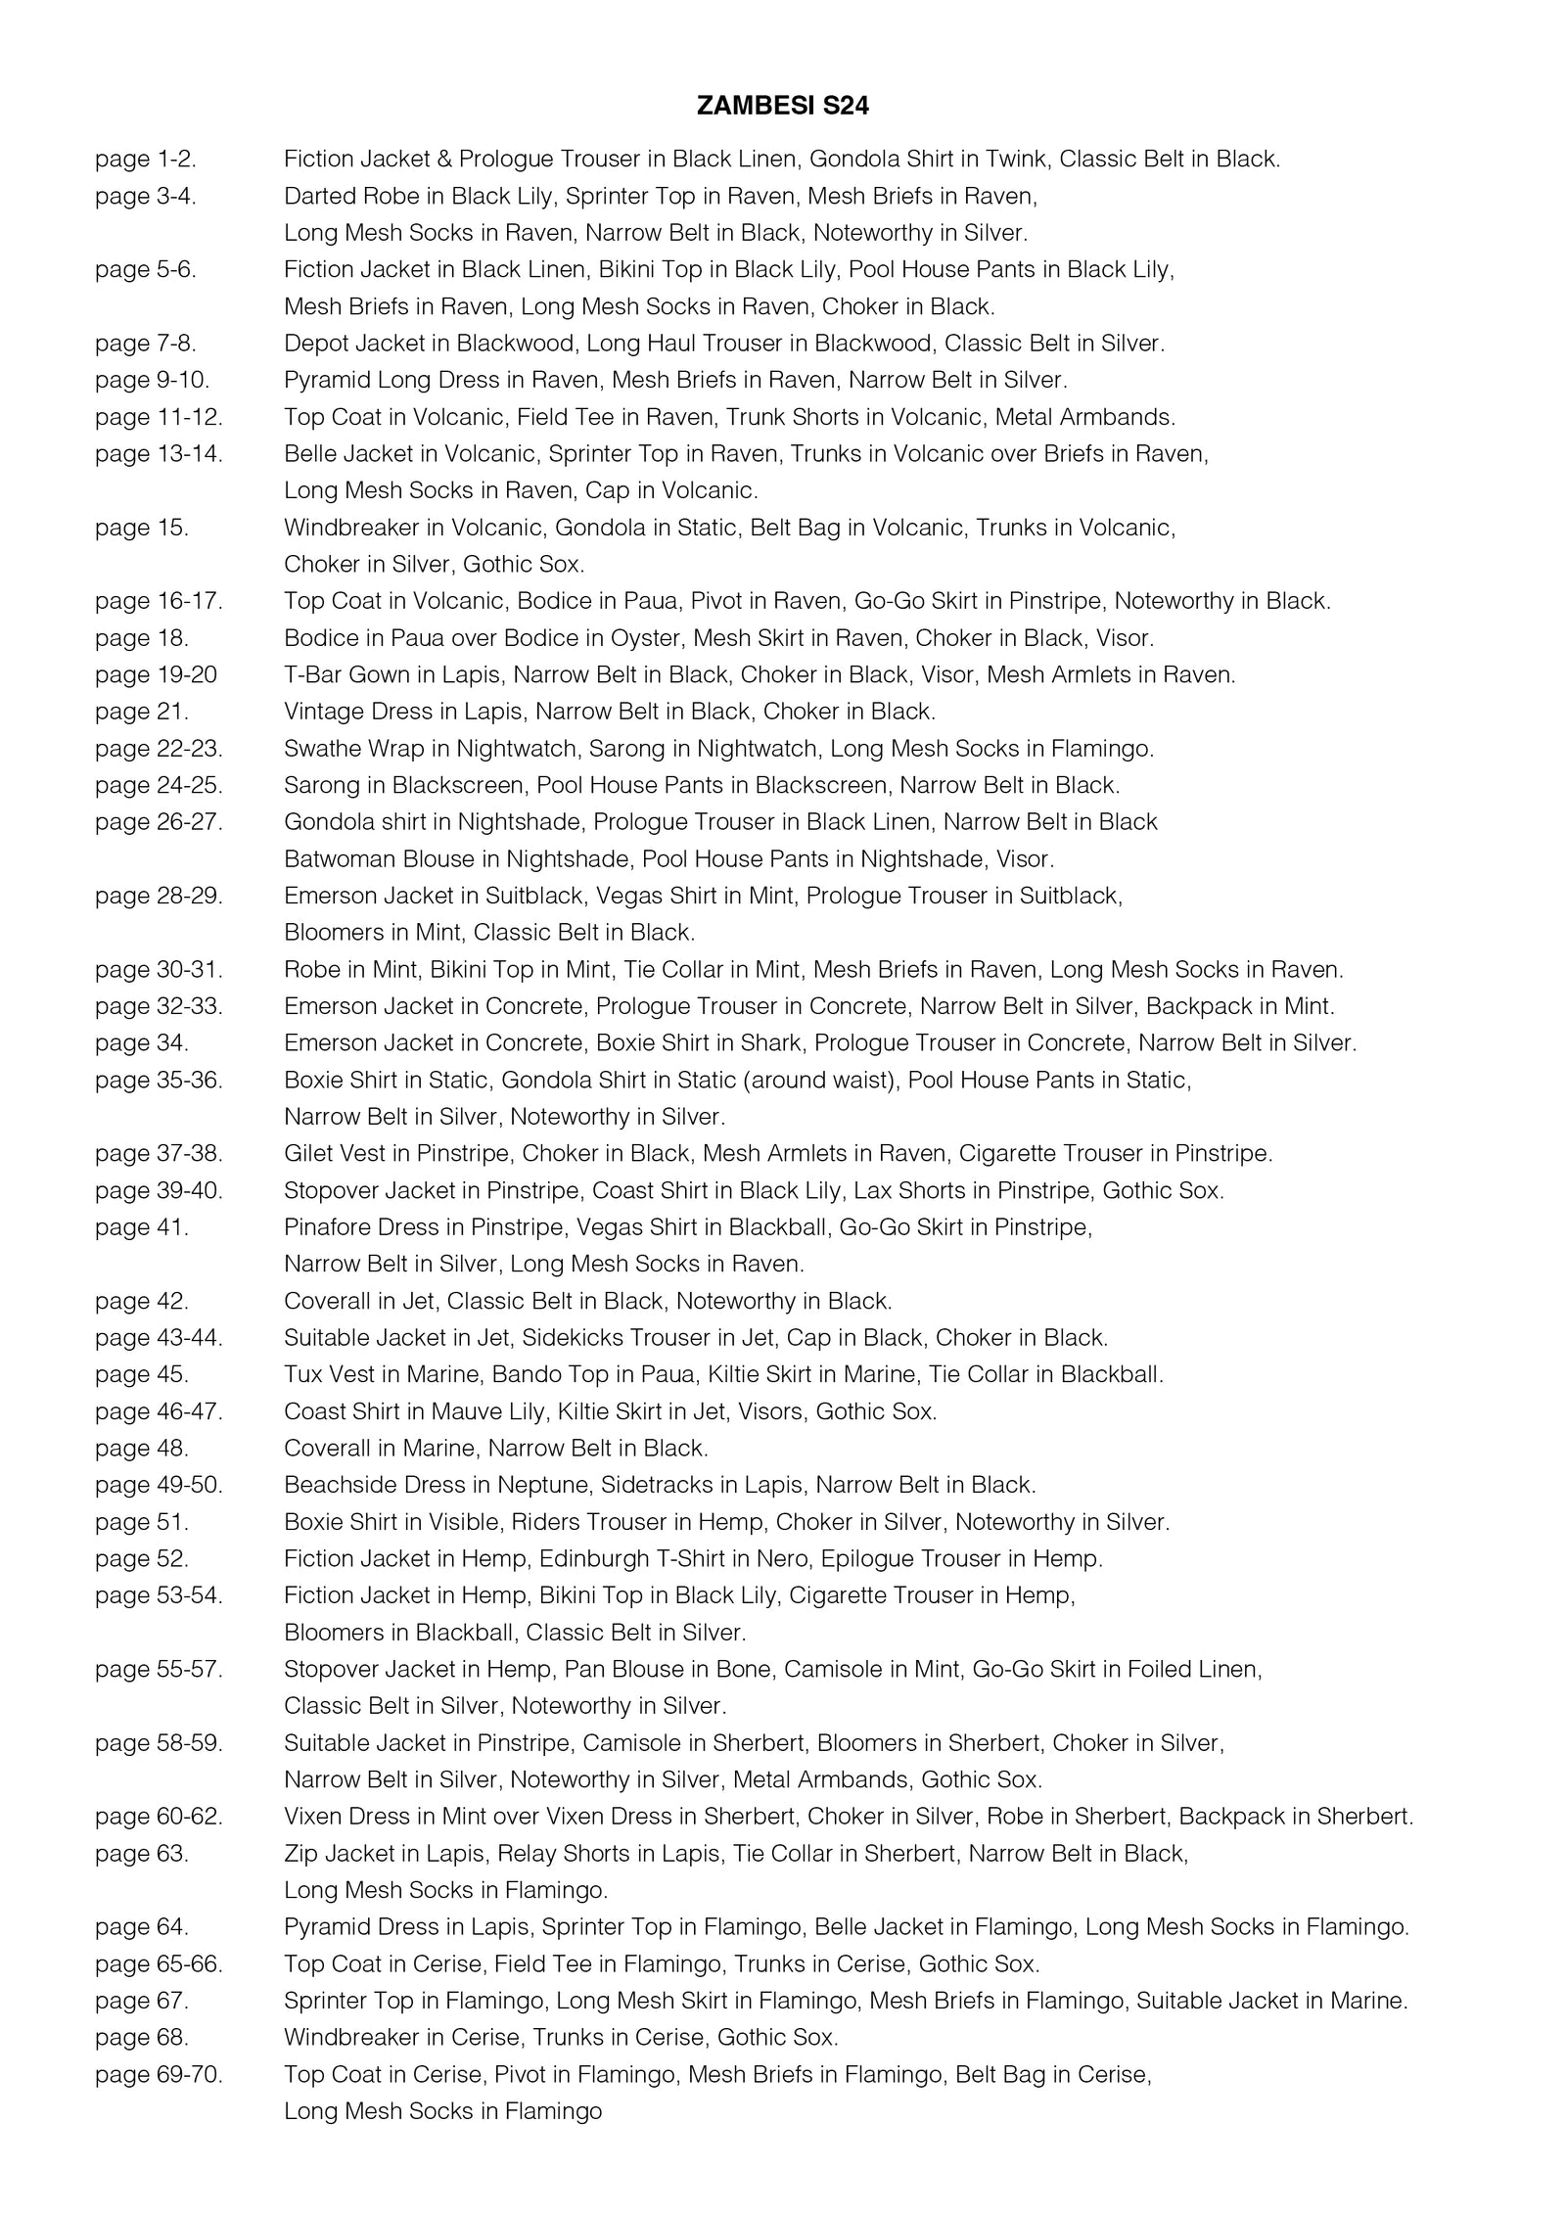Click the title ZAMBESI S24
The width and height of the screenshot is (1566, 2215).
pos(782,107)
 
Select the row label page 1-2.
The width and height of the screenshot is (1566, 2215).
pos(145,159)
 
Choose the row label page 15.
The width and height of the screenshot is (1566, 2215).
pos(141,528)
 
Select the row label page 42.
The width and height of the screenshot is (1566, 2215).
pos(141,1301)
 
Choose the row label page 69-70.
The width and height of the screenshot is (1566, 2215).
pos(159,2074)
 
